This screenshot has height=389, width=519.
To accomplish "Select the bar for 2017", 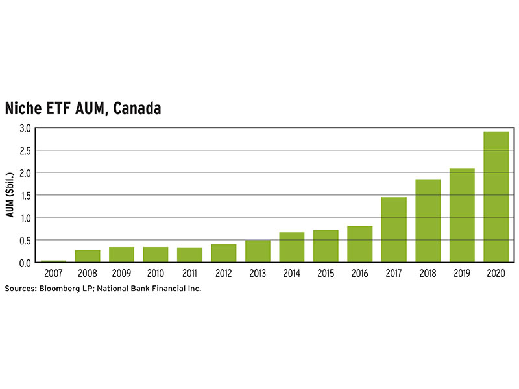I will point(394,230).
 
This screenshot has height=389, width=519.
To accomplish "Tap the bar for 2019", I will point(462,215).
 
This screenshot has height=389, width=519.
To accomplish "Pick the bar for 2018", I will point(428,220).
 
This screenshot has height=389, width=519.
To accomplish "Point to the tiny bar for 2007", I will point(53,261).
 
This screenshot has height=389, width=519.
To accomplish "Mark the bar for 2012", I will point(223,253).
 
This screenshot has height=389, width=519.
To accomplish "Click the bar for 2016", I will point(359,244).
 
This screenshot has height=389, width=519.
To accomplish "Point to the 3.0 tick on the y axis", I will point(25,128).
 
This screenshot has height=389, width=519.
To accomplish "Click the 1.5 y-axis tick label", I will point(25,195).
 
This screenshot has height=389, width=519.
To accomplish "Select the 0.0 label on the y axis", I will point(25,263).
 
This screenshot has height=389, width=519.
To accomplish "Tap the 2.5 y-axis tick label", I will point(25,150).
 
